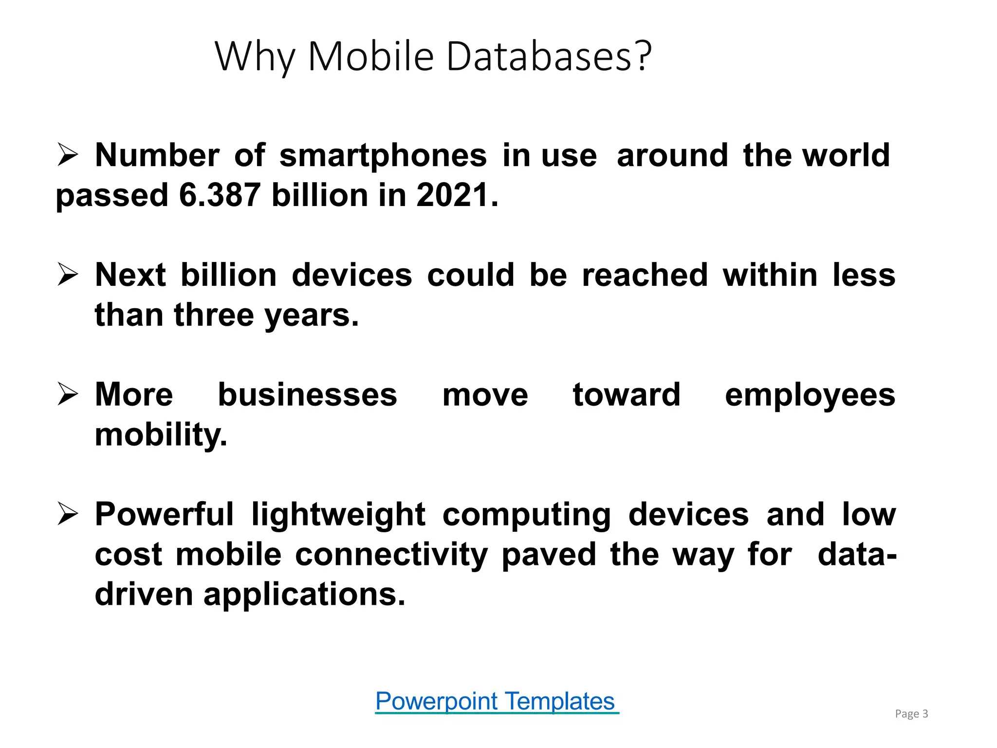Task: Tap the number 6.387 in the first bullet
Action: [220, 195]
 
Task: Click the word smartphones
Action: [383, 156]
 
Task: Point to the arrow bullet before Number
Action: [68, 154]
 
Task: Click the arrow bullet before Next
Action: [68, 274]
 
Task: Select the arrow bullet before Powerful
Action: [68, 514]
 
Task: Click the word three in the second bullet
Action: [214, 315]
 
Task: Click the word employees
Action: [810, 395]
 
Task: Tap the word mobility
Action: [161, 435]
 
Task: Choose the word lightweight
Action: [338, 515]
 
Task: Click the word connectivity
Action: [391, 555]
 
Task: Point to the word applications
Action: [304, 595]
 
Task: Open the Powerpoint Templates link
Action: [496, 702]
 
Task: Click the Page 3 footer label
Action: [911, 714]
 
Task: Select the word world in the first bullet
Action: [846, 155]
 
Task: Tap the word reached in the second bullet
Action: [645, 275]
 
